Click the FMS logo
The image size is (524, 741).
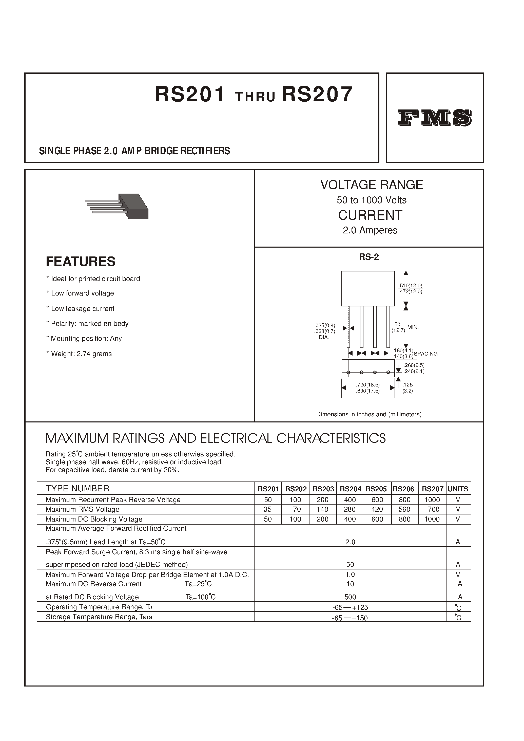[435, 118]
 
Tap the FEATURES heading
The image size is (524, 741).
[81, 262]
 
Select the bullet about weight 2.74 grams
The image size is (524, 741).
[79, 354]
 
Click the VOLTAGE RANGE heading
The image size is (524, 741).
[371, 185]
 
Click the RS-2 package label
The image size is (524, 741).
[369, 257]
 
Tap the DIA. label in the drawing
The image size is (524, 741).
[324, 337]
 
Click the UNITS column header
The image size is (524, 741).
[458, 489]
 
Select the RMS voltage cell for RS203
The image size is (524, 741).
[322, 509]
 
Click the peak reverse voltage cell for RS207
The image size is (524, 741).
[432, 500]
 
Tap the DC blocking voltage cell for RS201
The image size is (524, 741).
[268, 519]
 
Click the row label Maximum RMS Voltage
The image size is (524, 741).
[83, 509]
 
